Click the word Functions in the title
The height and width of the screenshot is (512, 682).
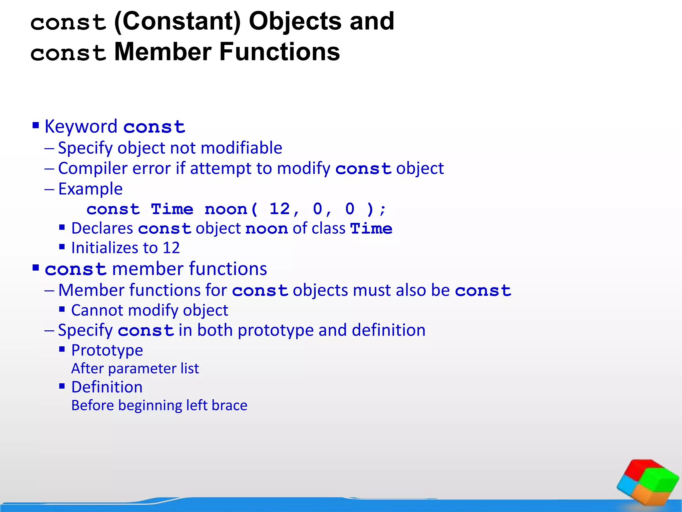(x=279, y=52)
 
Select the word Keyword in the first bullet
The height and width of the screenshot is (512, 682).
(x=81, y=127)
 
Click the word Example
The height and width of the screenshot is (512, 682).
(x=90, y=189)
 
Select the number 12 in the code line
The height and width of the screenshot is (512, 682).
(x=279, y=209)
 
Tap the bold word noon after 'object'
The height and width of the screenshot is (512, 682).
(x=266, y=229)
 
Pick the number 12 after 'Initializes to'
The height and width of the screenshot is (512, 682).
(x=171, y=248)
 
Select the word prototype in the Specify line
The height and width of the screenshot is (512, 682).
(x=275, y=330)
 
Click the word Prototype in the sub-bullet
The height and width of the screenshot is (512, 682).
(x=107, y=350)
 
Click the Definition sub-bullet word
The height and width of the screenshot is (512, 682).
(x=107, y=387)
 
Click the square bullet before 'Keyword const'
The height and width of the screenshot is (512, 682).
(x=36, y=126)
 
